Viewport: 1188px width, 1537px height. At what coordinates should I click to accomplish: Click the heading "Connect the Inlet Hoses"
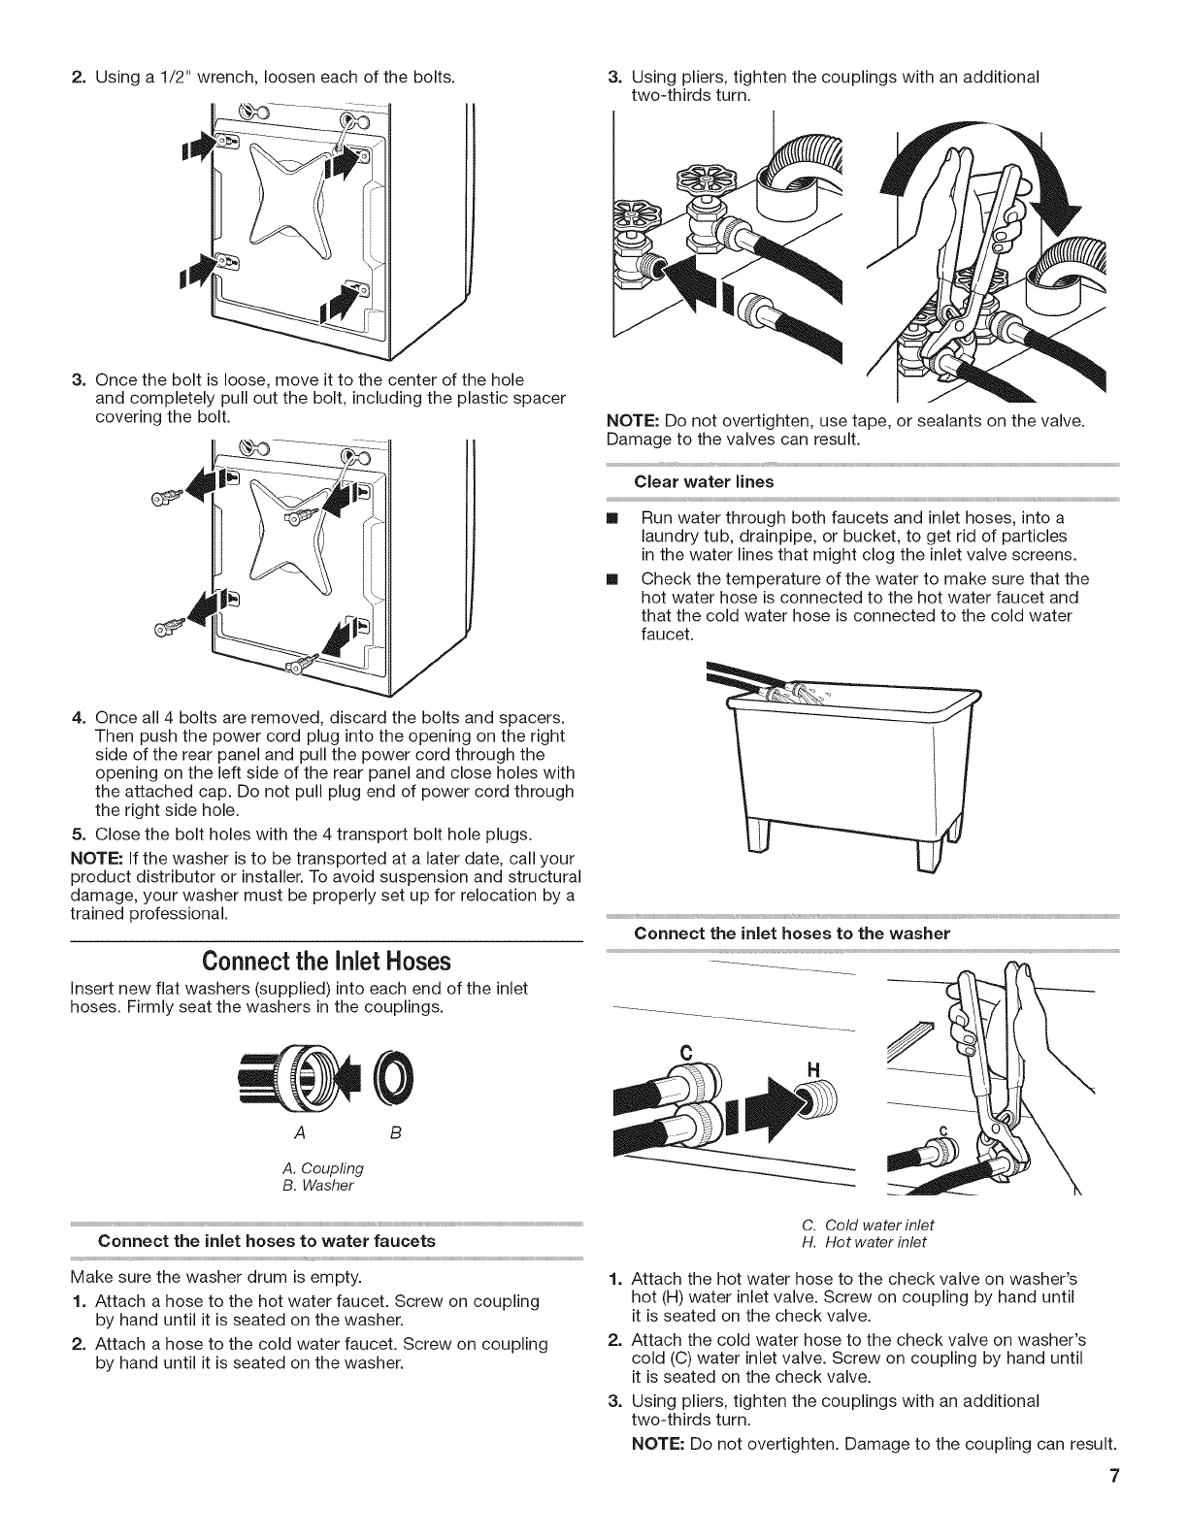coord(326,962)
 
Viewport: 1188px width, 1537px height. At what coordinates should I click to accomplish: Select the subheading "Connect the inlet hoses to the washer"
coord(791,933)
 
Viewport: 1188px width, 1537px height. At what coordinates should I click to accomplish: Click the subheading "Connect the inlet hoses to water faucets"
coord(267,1240)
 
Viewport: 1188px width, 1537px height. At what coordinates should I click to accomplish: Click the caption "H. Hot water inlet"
coord(874,1242)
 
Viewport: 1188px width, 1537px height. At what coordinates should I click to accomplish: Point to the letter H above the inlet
coord(814,1069)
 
